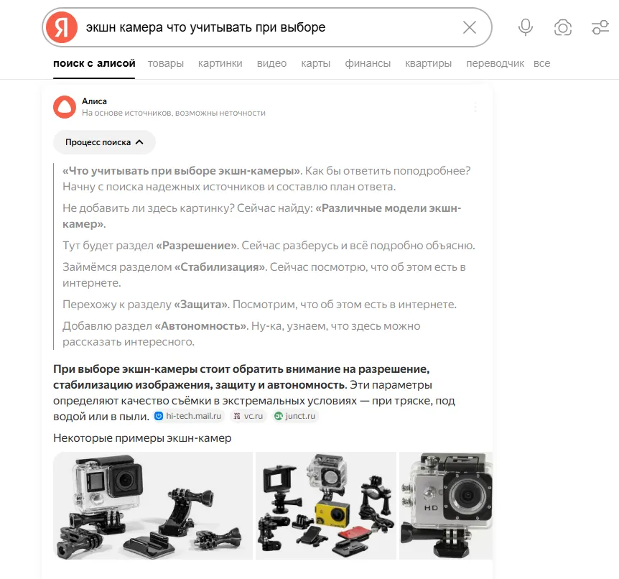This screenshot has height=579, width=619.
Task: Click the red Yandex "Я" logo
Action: coord(61,27)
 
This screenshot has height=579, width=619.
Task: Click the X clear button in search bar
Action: coord(469,27)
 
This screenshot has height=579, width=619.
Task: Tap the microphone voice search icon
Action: coord(526,27)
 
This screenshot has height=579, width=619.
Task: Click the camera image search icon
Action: coord(563,27)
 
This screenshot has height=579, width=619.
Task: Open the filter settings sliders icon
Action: coord(600,27)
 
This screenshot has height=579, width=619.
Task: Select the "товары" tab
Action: coord(165,63)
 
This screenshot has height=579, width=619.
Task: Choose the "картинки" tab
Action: coord(220,63)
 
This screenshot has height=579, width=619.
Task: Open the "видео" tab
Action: coord(271,63)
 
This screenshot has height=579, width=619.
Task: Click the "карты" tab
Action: coord(316,63)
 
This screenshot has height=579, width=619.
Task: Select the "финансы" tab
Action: coord(368,63)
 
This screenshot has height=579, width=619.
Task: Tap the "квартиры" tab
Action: coord(428,63)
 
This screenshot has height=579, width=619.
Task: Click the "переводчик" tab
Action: coord(495,63)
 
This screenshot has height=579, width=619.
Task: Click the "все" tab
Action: coord(542,63)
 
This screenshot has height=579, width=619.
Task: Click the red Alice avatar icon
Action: coord(65,107)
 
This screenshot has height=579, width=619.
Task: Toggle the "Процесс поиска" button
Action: coord(104,142)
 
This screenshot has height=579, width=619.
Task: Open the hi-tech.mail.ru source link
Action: coord(189,416)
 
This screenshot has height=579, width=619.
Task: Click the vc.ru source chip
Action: coord(248,416)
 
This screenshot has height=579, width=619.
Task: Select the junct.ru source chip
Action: coord(295,416)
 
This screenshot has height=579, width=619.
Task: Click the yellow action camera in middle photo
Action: coord(332,514)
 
